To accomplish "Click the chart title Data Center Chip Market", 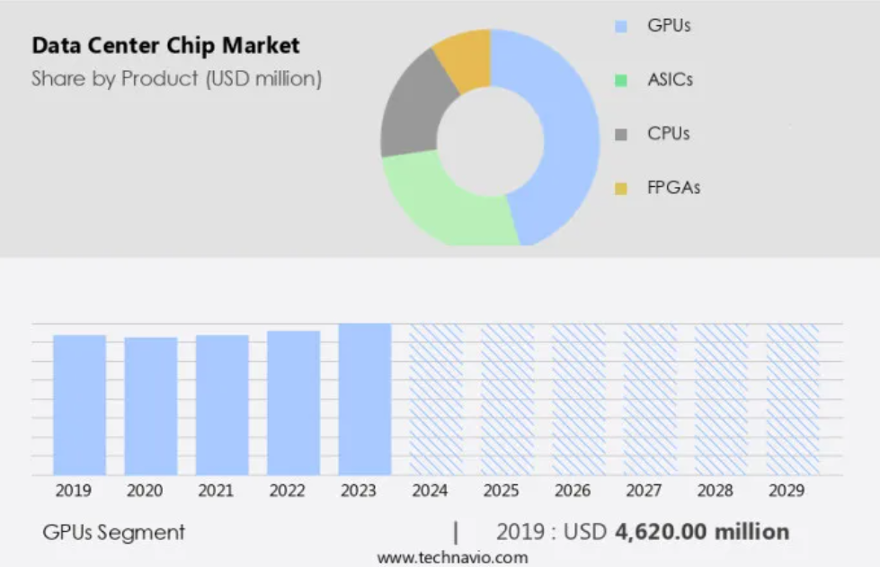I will [x=165, y=45].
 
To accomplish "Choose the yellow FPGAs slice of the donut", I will [x=464, y=58].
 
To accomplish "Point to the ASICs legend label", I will [x=670, y=80].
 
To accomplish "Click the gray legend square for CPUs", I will [x=621, y=135].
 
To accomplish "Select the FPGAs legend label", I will [x=673, y=188].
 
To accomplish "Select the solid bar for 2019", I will [x=79, y=404].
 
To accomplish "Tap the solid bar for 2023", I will [x=365, y=399].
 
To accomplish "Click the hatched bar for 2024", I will [x=436, y=399].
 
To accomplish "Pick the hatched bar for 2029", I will [x=793, y=399].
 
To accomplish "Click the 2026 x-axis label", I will [x=573, y=491].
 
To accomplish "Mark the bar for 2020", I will [x=151, y=406].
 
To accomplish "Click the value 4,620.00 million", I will [x=702, y=532].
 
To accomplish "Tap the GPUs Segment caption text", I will [x=114, y=532].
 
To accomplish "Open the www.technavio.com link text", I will [x=452, y=558].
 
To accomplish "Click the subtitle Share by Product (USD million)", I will [x=176, y=79].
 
